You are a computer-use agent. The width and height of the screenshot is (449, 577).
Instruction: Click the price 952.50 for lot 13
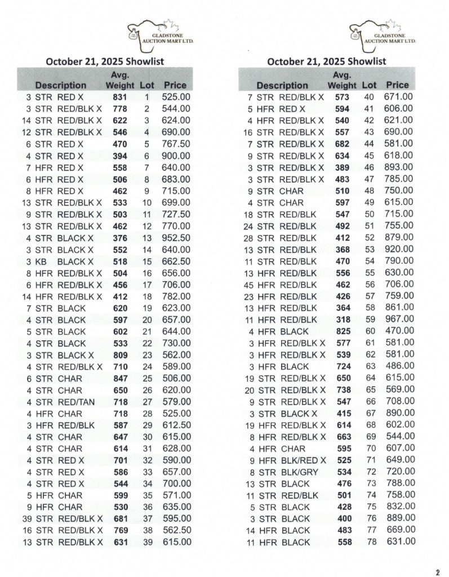click(x=176, y=238)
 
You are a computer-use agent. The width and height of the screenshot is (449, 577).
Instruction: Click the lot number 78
click(x=370, y=542)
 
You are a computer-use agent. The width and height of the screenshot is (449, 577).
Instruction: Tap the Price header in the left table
click(x=175, y=85)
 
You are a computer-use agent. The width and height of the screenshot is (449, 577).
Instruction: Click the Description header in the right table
click(x=282, y=86)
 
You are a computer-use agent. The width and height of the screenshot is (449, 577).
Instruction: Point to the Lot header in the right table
click(x=369, y=85)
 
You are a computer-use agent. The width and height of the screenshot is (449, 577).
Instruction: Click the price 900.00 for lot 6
click(x=176, y=156)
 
